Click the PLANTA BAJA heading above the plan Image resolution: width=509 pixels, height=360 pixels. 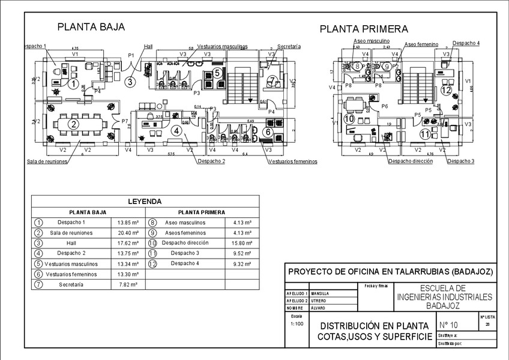(x=91, y=26)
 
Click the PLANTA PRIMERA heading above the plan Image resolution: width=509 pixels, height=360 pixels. (x=364, y=29)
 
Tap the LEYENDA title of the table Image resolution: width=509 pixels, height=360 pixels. (x=145, y=202)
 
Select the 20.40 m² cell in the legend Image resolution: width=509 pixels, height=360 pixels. (x=127, y=233)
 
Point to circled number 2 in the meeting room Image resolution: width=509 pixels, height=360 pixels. (x=73, y=124)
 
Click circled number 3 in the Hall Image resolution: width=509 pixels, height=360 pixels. (x=129, y=82)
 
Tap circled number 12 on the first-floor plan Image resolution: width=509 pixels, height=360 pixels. (x=445, y=91)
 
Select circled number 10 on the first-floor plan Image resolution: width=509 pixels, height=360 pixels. (x=350, y=119)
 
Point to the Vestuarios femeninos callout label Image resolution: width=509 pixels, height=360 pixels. (x=292, y=161)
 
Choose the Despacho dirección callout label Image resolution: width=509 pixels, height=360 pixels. (x=410, y=161)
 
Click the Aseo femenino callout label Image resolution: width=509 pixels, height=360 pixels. (x=421, y=44)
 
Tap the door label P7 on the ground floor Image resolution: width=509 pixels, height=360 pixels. (x=125, y=121)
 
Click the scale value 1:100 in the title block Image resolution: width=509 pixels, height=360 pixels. (x=297, y=323)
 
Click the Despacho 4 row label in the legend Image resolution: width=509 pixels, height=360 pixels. (x=185, y=263)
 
